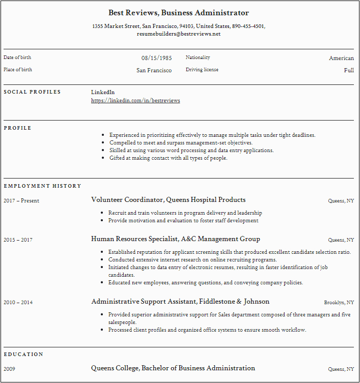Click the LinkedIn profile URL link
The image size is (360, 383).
point(135,101)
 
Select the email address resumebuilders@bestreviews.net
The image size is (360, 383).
point(179,34)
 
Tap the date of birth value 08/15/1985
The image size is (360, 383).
point(156,58)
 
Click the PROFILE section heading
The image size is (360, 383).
point(17,128)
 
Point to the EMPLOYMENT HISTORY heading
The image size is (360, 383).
point(42,186)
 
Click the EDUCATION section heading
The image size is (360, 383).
point(23,354)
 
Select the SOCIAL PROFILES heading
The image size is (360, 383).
point(32,92)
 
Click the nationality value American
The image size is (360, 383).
point(341,58)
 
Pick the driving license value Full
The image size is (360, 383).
point(349,70)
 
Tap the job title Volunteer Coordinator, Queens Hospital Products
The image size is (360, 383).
point(168,200)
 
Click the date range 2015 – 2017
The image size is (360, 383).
point(18,240)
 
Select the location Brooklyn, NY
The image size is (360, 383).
point(339,303)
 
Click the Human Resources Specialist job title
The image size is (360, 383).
point(175,239)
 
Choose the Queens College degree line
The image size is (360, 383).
point(173,368)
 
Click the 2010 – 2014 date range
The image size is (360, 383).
point(18,303)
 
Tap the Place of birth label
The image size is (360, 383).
point(18,70)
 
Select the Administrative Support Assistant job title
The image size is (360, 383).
point(180,302)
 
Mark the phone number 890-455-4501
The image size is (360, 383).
point(248,26)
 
